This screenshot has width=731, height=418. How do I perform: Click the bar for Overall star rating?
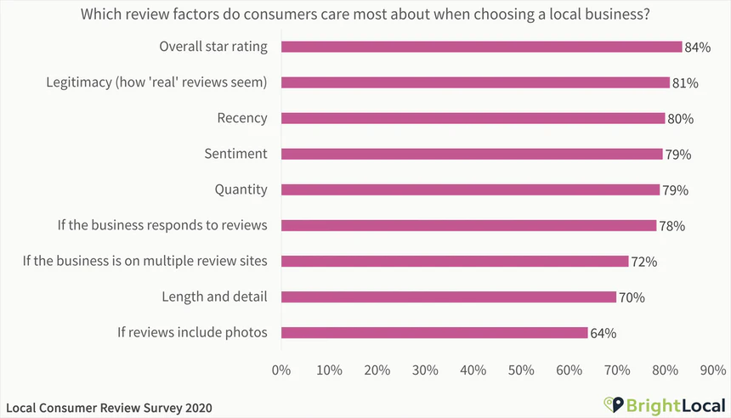[481, 47]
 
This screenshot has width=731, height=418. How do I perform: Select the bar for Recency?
[473, 118]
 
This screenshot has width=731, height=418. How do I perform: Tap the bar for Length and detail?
[448, 297]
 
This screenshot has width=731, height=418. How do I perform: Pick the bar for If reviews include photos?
[433, 333]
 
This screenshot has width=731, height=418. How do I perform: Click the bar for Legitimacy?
[475, 82]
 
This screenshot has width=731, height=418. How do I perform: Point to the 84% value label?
[697, 48]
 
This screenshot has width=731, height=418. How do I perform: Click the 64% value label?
[603, 333]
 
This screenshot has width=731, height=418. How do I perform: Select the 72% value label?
[643, 262]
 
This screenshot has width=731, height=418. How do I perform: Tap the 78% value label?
[671, 226]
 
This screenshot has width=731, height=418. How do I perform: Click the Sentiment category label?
[235, 154]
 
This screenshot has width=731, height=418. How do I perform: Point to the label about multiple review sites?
[145, 261]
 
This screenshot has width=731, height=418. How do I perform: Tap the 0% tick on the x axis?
[280, 370]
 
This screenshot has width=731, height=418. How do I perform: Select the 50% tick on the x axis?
[522, 370]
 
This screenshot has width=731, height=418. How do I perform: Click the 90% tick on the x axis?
[714, 370]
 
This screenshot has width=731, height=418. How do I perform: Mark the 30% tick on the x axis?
[425, 370]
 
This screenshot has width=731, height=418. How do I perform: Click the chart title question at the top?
[365, 14]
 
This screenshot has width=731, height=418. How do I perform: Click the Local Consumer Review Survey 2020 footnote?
[108, 408]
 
